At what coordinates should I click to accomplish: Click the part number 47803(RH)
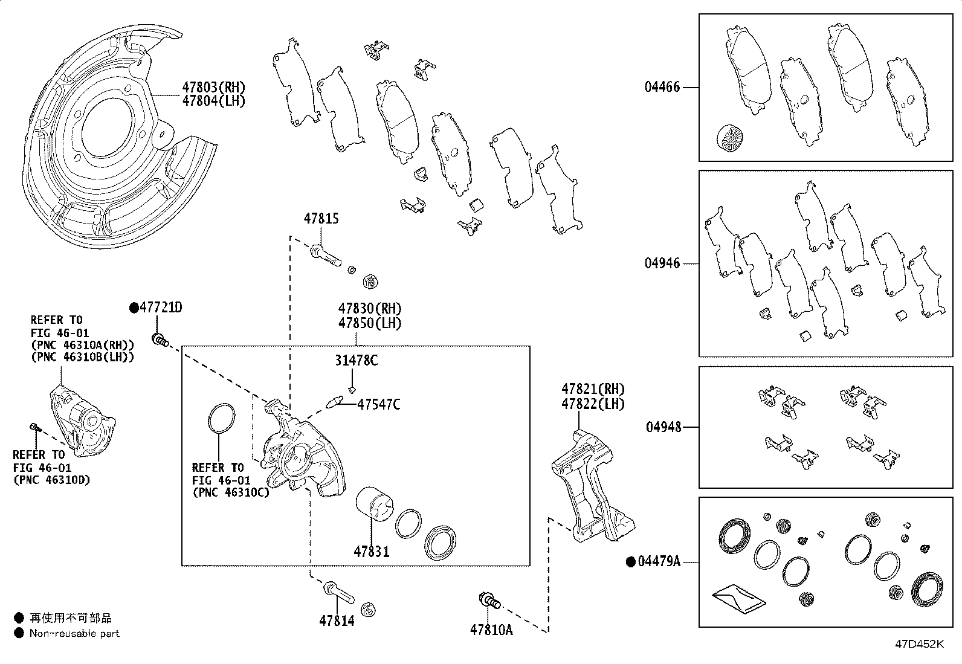coord(214,87)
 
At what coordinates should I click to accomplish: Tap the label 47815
coord(321,219)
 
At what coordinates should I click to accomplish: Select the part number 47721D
coord(161,308)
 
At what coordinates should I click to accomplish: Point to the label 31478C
coord(357,361)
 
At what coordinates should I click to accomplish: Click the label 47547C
coord(378,404)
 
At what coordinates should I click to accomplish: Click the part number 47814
coord(337,620)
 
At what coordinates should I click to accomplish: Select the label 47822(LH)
coord(593,404)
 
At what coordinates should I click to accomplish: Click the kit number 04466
coord(662,87)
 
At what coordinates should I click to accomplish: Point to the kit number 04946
coord(662,263)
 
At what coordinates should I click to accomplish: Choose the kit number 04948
coord(663,427)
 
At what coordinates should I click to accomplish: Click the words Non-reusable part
coord(74,633)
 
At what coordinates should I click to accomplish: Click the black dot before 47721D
coord(134,308)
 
